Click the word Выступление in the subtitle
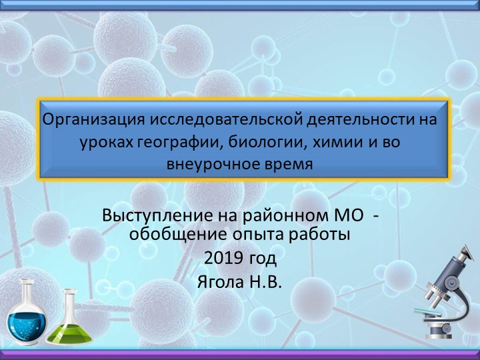153,217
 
